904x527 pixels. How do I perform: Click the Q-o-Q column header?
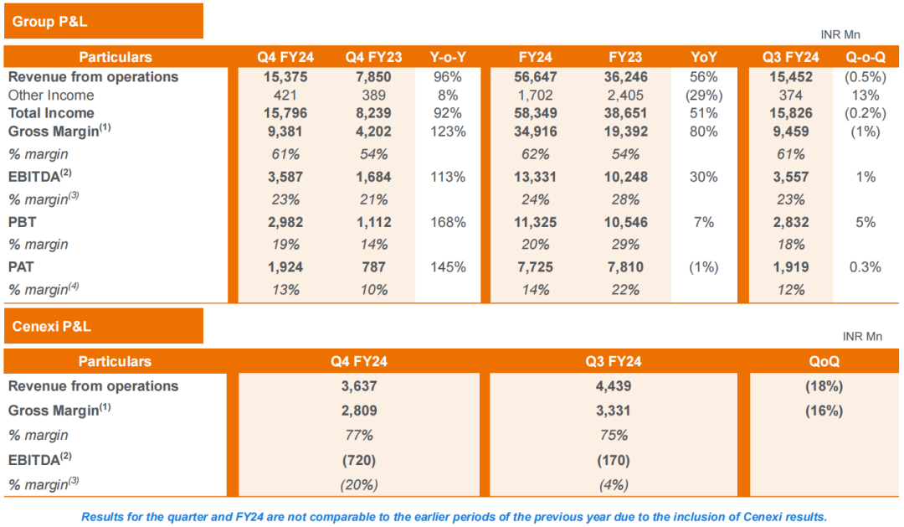click(866, 57)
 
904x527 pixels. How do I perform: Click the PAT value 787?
click(373, 267)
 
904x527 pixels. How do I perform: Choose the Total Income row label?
click(51, 113)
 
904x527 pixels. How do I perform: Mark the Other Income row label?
click(51, 95)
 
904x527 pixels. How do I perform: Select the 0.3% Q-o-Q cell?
click(866, 267)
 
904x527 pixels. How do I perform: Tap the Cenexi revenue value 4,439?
click(614, 386)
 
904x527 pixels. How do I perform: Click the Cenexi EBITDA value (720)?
click(358, 460)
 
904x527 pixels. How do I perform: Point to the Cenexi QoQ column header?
click(824, 362)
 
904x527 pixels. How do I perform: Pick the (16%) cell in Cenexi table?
click(824, 411)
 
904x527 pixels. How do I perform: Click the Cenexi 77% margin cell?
click(358, 435)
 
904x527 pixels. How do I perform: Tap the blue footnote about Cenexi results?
click(454, 516)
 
